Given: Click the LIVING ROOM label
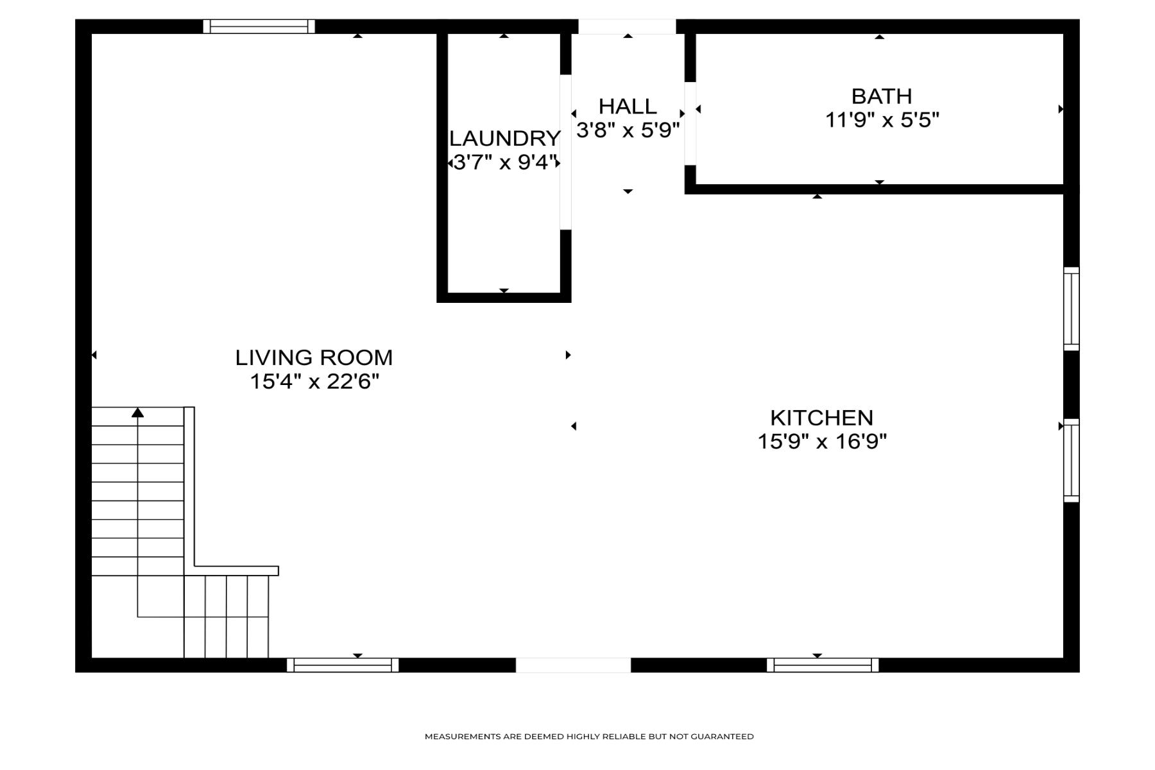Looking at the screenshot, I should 314,357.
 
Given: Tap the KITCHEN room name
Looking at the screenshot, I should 821,418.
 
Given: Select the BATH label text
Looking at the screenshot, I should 881,96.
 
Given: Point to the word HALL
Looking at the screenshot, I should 627,107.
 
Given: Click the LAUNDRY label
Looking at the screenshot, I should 504,139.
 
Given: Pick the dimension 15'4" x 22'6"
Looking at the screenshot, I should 314,382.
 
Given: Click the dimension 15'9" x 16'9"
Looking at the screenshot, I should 821,441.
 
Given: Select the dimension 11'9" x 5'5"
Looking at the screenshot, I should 882,120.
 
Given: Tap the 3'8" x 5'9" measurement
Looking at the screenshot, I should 627,130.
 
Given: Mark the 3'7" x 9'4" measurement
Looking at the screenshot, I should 504,162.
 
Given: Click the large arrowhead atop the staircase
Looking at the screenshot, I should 137,413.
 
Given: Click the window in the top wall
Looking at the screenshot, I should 259,26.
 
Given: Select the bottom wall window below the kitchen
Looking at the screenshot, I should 822,665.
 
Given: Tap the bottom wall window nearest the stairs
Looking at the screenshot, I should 342,665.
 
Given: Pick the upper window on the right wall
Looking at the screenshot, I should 1071,309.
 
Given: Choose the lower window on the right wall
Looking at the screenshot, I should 1071,460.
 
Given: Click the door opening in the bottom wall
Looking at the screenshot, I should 573,665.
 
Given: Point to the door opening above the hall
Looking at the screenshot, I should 627,26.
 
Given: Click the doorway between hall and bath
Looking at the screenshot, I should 690,123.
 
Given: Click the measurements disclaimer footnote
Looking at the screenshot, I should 588,737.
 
